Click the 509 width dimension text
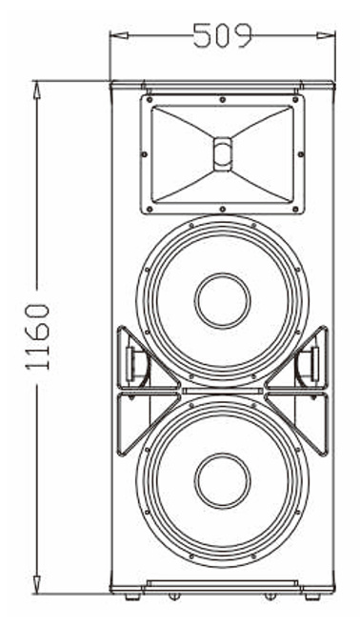click(x=223, y=35)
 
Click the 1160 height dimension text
click(x=38, y=336)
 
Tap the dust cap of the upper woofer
click(x=223, y=301)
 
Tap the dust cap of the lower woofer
click(x=223, y=480)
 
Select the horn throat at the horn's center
click(x=223, y=154)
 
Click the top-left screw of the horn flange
click(x=150, y=99)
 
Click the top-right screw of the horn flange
click(x=295, y=99)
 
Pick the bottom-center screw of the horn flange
click(x=223, y=209)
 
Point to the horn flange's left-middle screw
click(x=144, y=154)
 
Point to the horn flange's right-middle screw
click(x=301, y=154)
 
